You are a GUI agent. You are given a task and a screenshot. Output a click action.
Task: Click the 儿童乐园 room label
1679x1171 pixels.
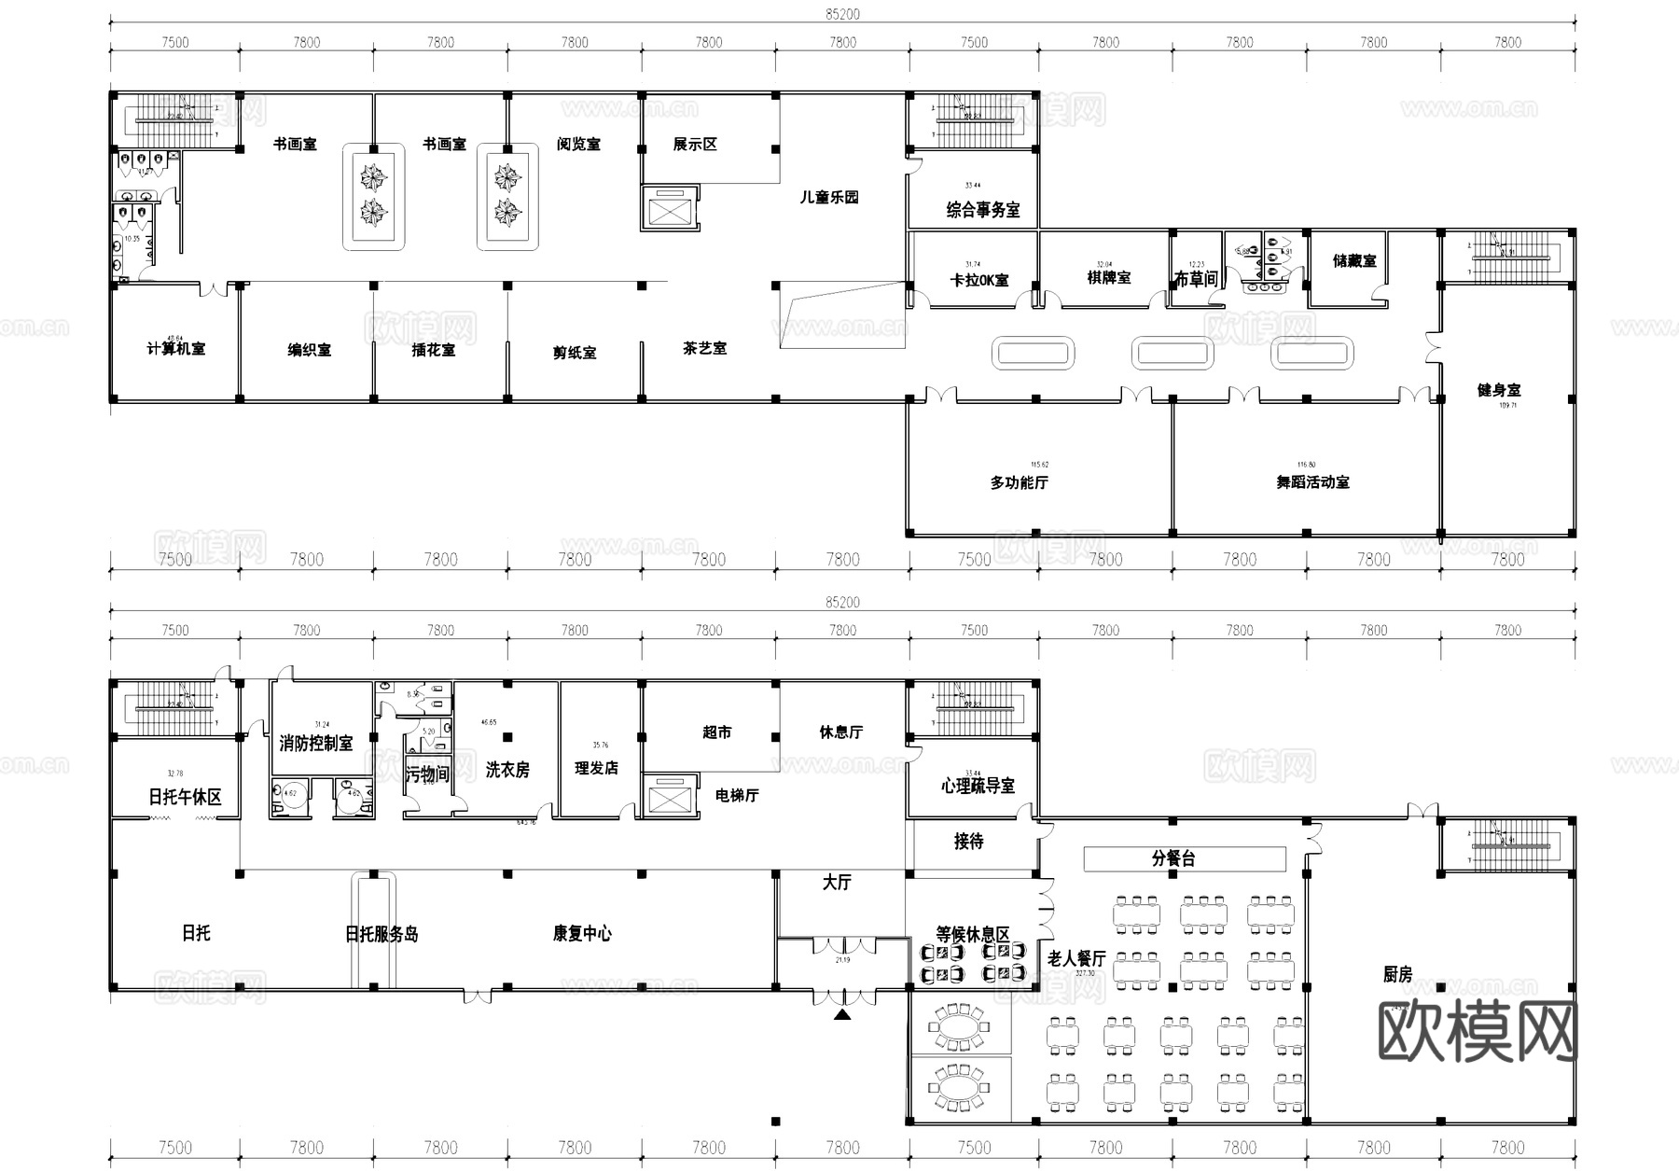pyautogui.click(x=828, y=197)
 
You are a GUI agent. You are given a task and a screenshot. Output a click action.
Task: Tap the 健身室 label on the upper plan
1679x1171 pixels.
pyautogui.click(x=1498, y=390)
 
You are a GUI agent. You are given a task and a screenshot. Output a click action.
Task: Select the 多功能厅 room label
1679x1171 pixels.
pyautogui.click(x=1019, y=482)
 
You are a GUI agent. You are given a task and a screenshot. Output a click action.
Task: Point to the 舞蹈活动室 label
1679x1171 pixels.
pyautogui.click(x=1312, y=482)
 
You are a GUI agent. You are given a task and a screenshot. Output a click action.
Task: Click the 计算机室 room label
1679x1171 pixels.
pyautogui.click(x=176, y=349)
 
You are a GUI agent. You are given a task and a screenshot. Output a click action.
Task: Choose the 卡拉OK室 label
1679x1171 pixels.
pyautogui.click(x=978, y=280)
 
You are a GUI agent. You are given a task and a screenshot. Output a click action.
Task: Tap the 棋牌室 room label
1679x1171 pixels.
pyautogui.click(x=1108, y=277)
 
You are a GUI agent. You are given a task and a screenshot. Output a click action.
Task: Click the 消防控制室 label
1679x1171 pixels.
pyautogui.click(x=316, y=744)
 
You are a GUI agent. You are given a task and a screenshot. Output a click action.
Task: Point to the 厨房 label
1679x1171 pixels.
pyautogui.click(x=1396, y=975)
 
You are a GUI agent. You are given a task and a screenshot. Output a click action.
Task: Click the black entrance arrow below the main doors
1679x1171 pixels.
pyautogui.click(x=842, y=1014)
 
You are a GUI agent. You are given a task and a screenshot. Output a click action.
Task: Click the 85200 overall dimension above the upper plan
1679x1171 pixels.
pyautogui.click(x=842, y=14)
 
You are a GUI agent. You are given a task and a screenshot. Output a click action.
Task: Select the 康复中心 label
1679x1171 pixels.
pyautogui.click(x=582, y=933)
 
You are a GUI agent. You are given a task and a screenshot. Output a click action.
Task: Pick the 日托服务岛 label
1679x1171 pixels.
pyautogui.click(x=382, y=934)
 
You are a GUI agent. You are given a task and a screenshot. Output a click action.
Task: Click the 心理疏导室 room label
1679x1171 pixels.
pyautogui.click(x=977, y=786)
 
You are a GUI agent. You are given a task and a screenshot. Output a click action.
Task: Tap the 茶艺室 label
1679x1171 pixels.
pyautogui.click(x=704, y=348)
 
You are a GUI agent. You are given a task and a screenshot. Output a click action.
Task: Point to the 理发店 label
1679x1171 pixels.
pyautogui.click(x=596, y=768)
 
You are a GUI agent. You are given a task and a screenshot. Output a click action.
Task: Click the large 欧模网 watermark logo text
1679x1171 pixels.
pyautogui.click(x=1477, y=1033)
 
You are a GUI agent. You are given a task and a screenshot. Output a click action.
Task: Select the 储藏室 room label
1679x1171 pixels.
pyautogui.click(x=1354, y=260)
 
